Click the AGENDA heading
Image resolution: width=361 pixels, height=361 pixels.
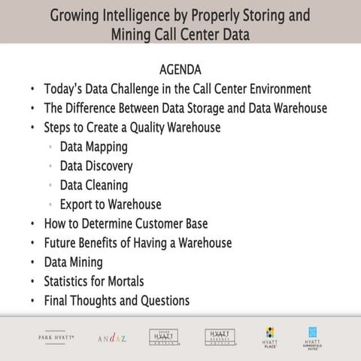click(180, 69)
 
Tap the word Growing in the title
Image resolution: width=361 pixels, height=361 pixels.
click(79, 15)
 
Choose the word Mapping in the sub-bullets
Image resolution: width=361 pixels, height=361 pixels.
click(107, 147)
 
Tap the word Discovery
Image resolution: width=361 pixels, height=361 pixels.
click(110, 165)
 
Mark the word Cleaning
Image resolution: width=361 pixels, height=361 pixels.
click(107, 185)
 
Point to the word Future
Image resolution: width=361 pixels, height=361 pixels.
click(62, 243)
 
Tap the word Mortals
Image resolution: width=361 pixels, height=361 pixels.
click(143, 281)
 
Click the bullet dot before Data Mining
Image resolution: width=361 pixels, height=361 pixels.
click(32, 262)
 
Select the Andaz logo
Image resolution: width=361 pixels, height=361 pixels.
click(112, 338)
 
